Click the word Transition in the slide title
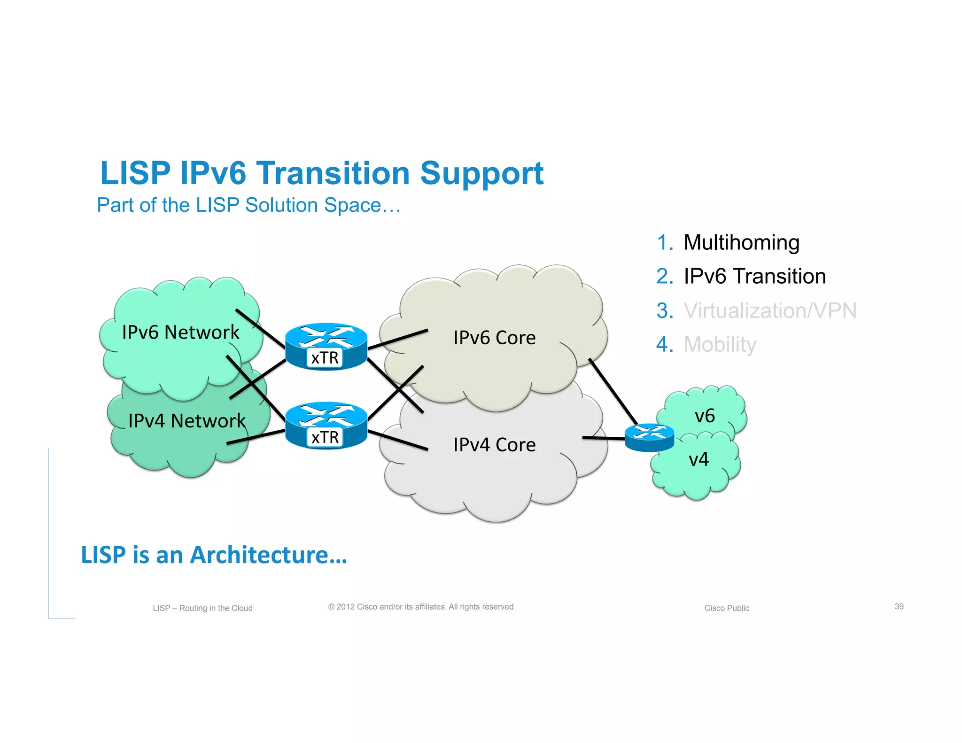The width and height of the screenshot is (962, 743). [x=333, y=173]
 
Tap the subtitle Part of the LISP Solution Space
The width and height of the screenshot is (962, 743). [x=248, y=205]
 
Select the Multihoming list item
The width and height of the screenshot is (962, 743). [x=741, y=242]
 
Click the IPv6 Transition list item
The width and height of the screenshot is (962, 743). [x=754, y=276]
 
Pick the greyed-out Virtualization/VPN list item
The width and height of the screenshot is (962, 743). [x=769, y=310]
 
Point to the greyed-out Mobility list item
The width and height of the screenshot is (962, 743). [x=720, y=344]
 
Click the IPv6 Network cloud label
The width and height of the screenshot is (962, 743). [x=180, y=333]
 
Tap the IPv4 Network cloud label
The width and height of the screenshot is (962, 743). [x=186, y=421]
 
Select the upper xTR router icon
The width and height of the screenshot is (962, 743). [x=326, y=346]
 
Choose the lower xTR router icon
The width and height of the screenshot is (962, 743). [x=326, y=426]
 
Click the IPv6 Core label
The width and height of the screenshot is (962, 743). [x=494, y=338]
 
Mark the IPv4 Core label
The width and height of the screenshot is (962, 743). [x=494, y=445]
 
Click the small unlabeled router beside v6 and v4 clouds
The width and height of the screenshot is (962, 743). [x=649, y=437]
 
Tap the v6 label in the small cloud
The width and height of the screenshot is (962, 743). [x=705, y=416]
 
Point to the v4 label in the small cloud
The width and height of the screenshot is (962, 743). [x=698, y=459]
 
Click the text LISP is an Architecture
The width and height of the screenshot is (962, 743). [x=214, y=555]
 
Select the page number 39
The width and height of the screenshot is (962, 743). [x=899, y=606]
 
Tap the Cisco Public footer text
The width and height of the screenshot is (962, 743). [x=726, y=608]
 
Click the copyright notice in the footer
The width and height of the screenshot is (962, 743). [x=421, y=607]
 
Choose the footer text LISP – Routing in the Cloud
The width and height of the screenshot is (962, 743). [x=202, y=608]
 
